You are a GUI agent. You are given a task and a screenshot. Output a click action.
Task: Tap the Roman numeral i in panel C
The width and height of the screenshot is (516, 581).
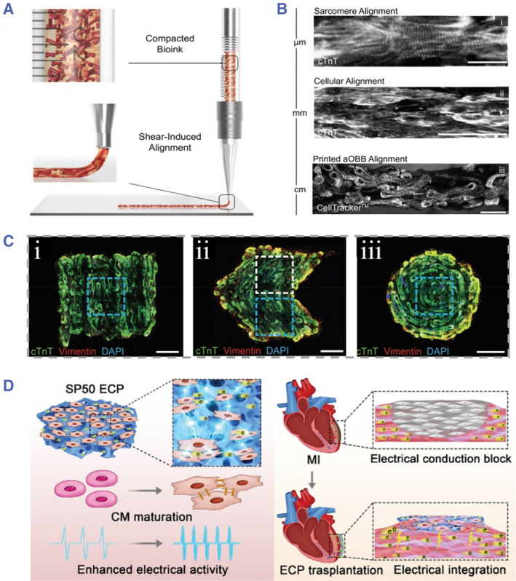(x=42, y=252)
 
